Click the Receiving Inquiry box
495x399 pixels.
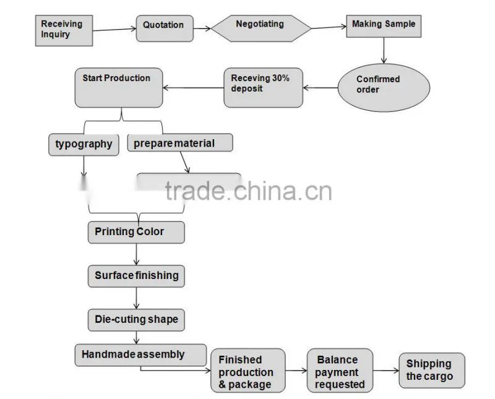(64, 30)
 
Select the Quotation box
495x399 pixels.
(165, 28)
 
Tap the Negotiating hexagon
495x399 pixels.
(260, 28)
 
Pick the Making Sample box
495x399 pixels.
(384, 26)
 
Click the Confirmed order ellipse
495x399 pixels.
(384, 88)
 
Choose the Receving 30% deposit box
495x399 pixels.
(263, 88)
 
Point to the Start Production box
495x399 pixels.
(119, 88)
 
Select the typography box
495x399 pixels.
(84, 145)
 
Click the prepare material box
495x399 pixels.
(180, 143)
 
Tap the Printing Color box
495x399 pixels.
(136, 233)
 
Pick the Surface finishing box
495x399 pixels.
(136, 276)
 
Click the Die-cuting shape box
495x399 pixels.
(136, 320)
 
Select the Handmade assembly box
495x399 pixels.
(140, 355)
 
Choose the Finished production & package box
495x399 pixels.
(248, 371)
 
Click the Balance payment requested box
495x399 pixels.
(340, 371)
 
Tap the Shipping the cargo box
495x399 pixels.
(432, 371)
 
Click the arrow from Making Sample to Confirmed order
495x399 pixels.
(384, 51)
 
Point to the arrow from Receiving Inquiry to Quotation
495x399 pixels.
(114, 30)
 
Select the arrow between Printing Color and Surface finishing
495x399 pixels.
(136, 254)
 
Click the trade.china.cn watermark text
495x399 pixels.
(249, 191)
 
